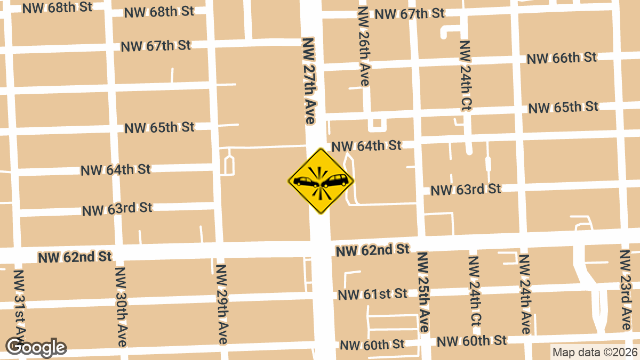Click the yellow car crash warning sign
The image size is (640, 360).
(x=321, y=181)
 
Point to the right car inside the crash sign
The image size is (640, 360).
(x=335, y=181)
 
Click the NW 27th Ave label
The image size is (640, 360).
(x=310, y=81)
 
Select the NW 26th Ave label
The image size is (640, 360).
(x=365, y=46)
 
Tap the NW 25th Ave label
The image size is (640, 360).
(x=423, y=292)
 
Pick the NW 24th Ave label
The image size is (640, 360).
(x=525, y=294)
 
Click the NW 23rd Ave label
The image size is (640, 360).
(x=626, y=290)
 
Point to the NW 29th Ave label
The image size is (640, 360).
(x=222, y=304)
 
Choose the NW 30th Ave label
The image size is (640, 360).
(x=121, y=306)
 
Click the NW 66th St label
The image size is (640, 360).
(x=562, y=58)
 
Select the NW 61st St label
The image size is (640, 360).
(x=372, y=294)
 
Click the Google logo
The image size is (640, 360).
(x=36, y=348)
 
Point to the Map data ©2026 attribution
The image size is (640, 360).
(x=594, y=352)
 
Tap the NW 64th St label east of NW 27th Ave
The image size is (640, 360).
(x=366, y=145)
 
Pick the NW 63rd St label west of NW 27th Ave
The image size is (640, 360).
(x=117, y=209)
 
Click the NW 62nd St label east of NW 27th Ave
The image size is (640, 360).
(x=372, y=249)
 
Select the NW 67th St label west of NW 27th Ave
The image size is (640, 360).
(x=156, y=46)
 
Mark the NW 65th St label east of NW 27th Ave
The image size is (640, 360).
(x=563, y=108)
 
